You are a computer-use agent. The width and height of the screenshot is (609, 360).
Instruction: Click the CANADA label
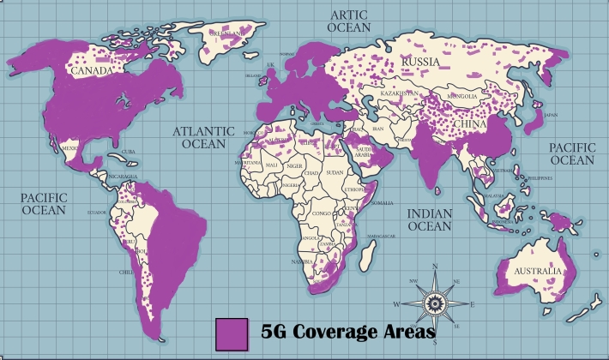point(91,71)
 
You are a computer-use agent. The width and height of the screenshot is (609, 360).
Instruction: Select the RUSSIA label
point(420,63)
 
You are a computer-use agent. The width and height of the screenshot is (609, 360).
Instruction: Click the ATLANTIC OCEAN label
point(203,139)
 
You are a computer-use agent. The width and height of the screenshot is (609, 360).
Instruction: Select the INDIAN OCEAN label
point(429,219)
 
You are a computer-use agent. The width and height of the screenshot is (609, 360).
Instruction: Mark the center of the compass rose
point(434,303)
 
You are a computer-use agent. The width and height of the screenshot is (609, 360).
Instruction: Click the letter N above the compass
point(435,267)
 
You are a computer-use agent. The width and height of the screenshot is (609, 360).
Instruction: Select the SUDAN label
point(335,171)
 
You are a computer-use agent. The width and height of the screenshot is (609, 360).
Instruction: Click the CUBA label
point(130,153)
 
